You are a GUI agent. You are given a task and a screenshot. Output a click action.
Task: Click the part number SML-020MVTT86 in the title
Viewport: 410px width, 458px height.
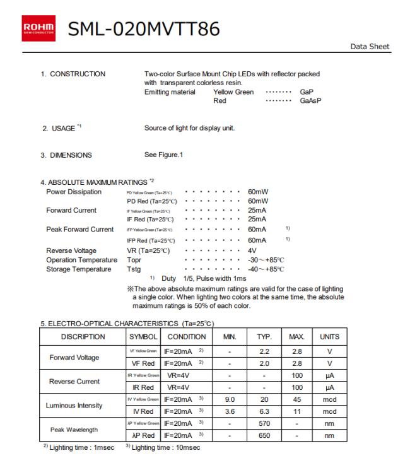pyautogui.click(x=144, y=29)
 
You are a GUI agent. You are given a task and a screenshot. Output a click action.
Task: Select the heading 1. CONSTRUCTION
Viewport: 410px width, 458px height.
pyautogui.click(x=73, y=74)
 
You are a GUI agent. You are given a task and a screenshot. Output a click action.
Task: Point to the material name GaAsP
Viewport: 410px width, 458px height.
pyautogui.click(x=310, y=100)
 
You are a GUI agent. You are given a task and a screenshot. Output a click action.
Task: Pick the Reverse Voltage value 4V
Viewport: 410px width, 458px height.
pyautogui.click(x=252, y=250)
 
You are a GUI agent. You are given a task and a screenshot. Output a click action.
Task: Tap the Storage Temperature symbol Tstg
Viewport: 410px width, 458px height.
pyautogui.click(x=134, y=269)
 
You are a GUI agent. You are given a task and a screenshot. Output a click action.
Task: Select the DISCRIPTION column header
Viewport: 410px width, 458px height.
pyautogui.click(x=84, y=337)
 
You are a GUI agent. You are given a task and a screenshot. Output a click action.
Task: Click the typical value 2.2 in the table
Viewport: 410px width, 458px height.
pyautogui.click(x=265, y=351)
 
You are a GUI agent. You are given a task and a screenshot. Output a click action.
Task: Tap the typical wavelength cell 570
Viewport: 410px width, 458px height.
pyautogui.click(x=265, y=423)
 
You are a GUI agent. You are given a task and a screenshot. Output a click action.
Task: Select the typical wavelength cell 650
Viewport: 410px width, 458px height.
pyautogui.click(x=265, y=435)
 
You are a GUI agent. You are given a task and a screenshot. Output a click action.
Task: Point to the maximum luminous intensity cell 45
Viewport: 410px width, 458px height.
pyautogui.click(x=296, y=399)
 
